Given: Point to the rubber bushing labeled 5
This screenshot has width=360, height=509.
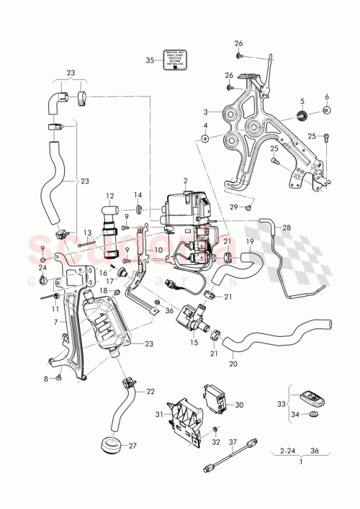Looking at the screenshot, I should [302, 116].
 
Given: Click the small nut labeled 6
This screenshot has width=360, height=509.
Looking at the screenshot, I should [326, 110].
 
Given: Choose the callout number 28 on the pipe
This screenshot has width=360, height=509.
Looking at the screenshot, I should [287, 228].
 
